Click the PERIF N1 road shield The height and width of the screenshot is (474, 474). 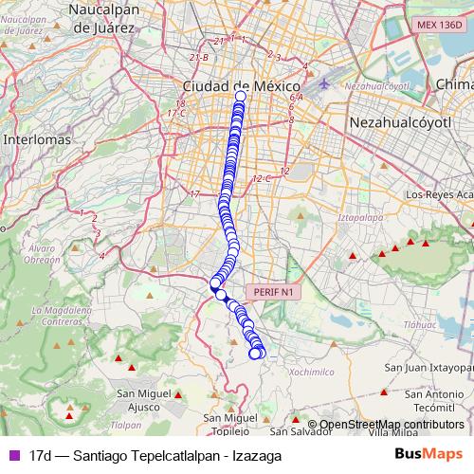[273, 293]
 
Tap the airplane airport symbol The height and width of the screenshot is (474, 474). [326, 83]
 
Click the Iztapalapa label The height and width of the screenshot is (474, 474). [357, 216]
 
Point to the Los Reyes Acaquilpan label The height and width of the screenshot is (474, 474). [438, 195]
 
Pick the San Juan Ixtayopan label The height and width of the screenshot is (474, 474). [428, 366]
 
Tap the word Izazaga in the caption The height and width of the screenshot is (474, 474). [258, 456]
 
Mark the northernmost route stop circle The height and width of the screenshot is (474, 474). [240, 96]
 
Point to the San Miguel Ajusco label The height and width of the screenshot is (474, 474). [144, 400]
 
